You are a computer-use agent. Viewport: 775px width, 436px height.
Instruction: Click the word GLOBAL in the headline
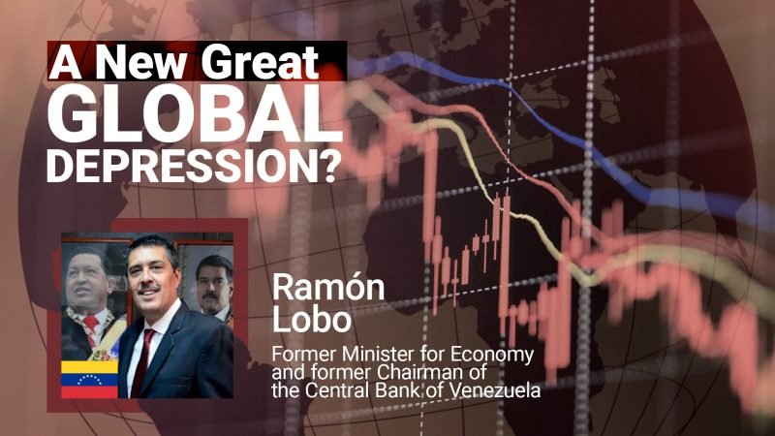pos(195,113)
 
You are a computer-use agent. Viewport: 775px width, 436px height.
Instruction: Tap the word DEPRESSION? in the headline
pos(195,165)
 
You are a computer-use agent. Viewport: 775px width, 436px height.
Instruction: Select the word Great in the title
pos(261,62)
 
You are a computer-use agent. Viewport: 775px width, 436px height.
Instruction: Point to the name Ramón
pos(328,287)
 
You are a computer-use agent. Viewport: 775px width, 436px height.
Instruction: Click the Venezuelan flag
pos(89,379)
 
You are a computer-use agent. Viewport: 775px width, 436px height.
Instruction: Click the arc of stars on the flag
pos(89,380)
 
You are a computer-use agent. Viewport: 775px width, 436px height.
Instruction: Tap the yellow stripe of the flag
pos(89,367)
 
